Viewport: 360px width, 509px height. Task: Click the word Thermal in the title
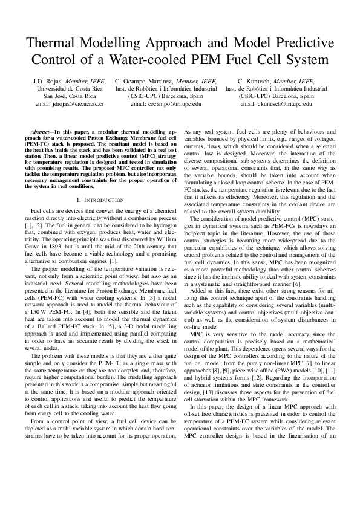(x=61, y=44)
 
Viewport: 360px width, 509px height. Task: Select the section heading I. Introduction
(x=100, y=199)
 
